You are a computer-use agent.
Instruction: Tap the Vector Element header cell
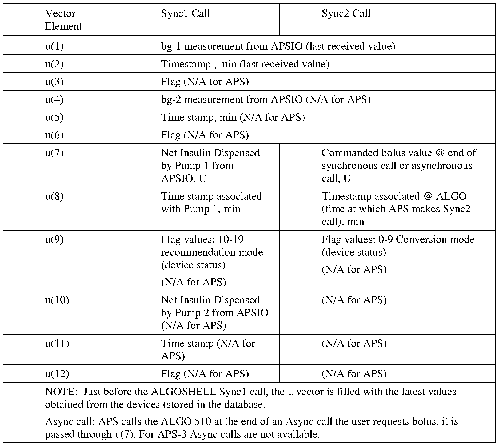point(63,20)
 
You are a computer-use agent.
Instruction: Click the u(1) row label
point(54,46)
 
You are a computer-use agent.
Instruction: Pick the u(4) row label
point(54,100)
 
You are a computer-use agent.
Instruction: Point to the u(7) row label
point(54,153)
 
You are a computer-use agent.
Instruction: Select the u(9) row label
point(54,240)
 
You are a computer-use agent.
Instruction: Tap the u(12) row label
point(57,374)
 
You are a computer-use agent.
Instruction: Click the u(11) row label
point(57,343)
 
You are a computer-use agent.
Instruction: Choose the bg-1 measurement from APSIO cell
point(278,46)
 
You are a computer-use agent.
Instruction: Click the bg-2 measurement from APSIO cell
point(266,100)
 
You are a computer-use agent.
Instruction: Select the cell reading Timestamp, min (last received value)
point(245,64)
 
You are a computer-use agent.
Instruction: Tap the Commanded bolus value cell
point(398,166)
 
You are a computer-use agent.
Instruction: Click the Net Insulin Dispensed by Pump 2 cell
point(214,313)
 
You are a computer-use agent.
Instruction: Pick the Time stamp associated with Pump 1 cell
point(211,203)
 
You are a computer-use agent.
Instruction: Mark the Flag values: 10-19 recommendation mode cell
point(212,252)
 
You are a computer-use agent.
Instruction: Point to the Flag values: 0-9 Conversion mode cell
point(398,245)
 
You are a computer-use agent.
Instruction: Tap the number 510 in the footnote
point(203,422)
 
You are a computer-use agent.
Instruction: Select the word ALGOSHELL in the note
point(184,392)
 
